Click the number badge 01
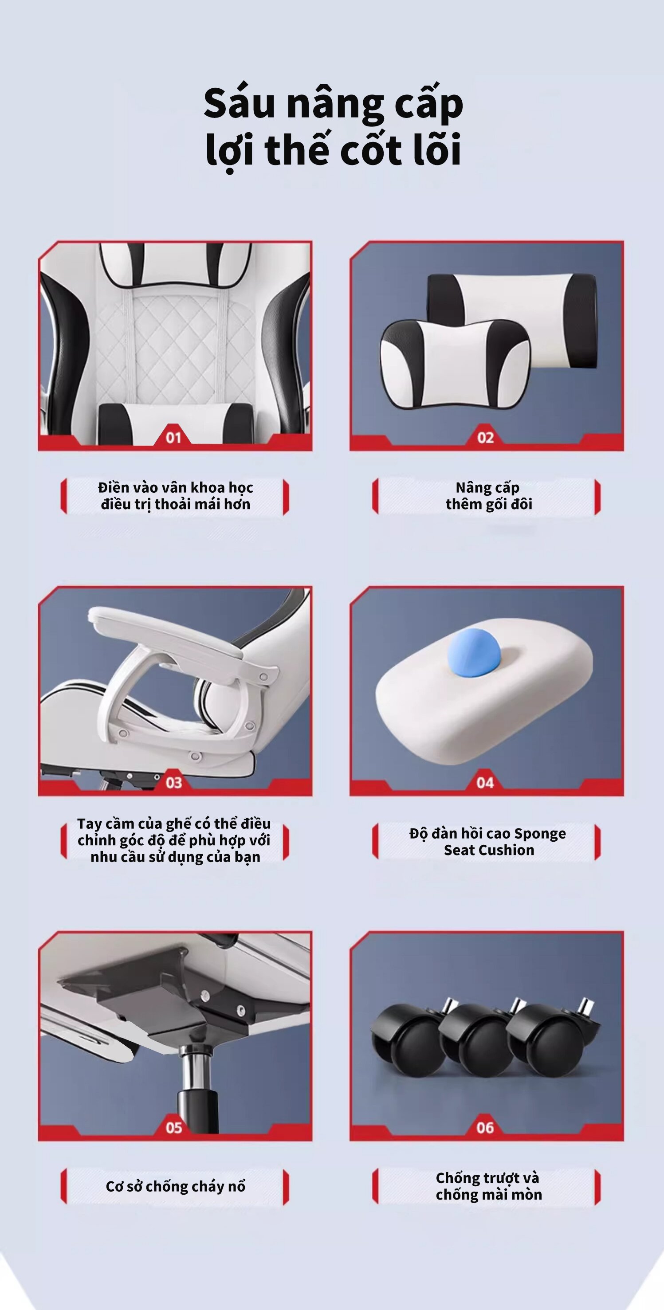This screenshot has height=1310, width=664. pyautogui.click(x=173, y=437)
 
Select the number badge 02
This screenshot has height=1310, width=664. pyautogui.click(x=485, y=437)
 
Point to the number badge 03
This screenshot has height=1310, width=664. pyautogui.click(x=173, y=783)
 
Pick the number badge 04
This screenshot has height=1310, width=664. pyautogui.click(x=485, y=783)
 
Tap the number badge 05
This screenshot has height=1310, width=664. pyautogui.click(x=173, y=1128)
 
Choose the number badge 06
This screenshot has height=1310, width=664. pyautogui.click(x=485, y=1128)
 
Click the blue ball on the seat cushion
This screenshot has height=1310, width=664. pyautogui.click(x=473, y=651)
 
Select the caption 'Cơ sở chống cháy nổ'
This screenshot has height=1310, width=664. pyautogui.click(x=176, y=1186)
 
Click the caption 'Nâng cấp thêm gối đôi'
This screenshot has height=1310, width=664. pyautogui.click(x=488, y=496)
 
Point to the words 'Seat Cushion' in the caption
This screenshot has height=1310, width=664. pyautogui.click(x=489, y=850)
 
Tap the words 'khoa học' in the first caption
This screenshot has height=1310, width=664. pyautogui.click(x=222, y=488)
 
